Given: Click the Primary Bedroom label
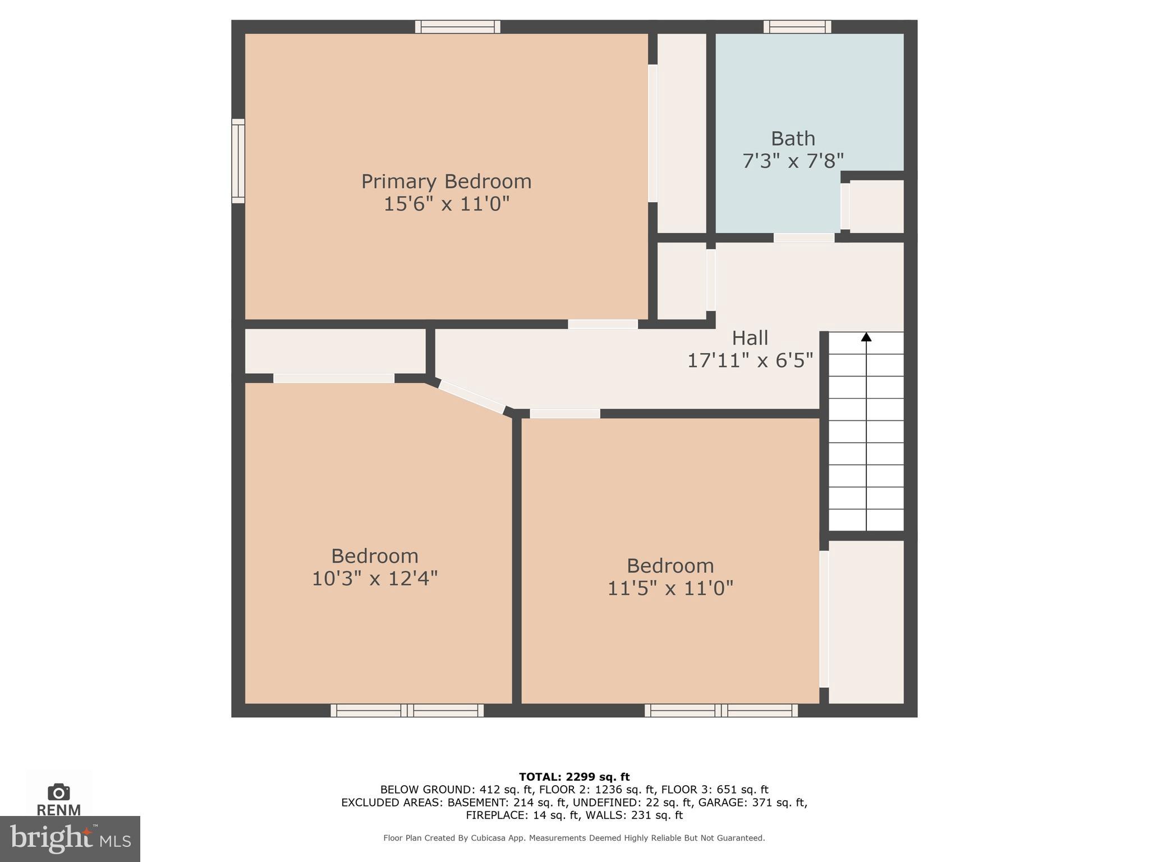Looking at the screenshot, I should point(446,181).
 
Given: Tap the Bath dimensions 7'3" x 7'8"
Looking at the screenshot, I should point(793,162).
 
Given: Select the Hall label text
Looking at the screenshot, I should point(750,338).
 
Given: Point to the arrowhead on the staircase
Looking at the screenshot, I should point(866,337).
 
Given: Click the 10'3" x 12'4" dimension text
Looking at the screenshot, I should point(375,579).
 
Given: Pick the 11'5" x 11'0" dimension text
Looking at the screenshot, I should point(670,588).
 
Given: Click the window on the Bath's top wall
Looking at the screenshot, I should point(797,26).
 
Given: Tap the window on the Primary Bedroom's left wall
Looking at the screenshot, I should point(238,161).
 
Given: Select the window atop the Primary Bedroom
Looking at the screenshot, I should point(458,26).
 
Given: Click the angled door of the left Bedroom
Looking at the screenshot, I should point(471,397).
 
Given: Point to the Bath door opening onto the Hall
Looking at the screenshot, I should point(804,238).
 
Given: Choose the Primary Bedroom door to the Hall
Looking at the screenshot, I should point(603,324).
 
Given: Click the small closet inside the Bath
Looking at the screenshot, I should point(876,206).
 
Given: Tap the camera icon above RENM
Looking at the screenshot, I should point(59,792).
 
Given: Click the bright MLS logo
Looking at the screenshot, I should point(70,838).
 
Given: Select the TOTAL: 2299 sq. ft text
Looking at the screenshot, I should point(574,777).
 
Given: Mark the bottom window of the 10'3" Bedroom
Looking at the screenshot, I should point(407,710).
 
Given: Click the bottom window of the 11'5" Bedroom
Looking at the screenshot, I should point(721,710).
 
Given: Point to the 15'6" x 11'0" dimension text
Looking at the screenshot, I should point(446,204).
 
